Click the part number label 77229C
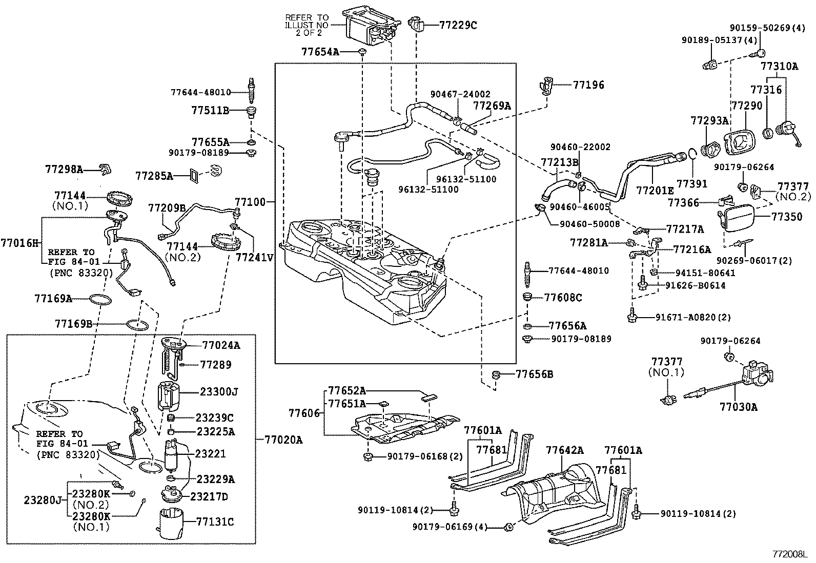[458, 25]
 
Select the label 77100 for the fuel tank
[251, 202]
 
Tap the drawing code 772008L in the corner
[790, 554]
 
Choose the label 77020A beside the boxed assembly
[283, 440]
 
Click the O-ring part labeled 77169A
[100, 299]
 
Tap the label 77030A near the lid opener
[738, 407]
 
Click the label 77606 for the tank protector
[303, 413]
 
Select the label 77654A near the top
[320, 52]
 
